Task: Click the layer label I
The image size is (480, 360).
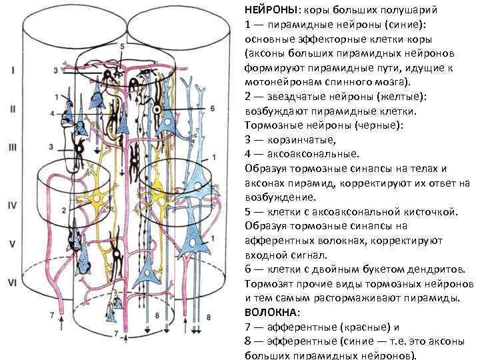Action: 13,69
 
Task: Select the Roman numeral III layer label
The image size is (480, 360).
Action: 13,148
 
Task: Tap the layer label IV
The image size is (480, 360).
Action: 12,206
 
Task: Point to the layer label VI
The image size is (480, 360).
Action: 13,283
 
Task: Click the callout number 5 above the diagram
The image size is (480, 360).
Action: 122,47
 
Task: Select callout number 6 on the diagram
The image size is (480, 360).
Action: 212,108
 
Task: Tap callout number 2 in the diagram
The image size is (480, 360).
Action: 64,210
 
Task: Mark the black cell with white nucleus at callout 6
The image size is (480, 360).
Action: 157,107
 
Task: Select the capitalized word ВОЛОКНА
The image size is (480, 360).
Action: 271,312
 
